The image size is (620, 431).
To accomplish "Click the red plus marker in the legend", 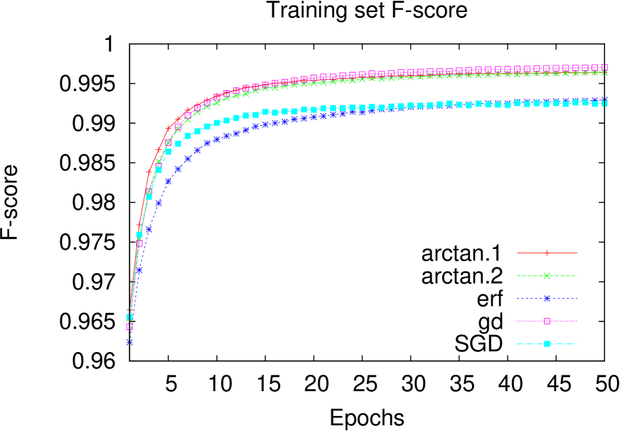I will [x=546, y=252].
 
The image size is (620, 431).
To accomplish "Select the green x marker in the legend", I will [x=546, y=275].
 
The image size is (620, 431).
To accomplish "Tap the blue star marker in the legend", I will [x=546, y=298].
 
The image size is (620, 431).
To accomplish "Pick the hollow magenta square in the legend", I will [x=546, y=321].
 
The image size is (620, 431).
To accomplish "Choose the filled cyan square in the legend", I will [x=546, y=344].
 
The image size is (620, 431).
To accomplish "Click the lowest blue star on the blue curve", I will [x=129, y=342].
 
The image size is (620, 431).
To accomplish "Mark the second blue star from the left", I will [x=139, y=270].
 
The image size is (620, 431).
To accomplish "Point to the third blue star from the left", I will [x=149, y=230].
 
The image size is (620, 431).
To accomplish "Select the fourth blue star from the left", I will [x=159, y=203].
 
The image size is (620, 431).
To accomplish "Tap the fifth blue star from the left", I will [x=169, y=181].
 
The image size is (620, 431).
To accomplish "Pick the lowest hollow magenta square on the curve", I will [x=129, y=327].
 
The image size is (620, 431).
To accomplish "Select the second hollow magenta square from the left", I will [x=139, y=243].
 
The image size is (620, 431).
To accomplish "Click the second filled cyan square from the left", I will [x=139, y=235].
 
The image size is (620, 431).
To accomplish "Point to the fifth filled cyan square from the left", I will [x=169, y=151].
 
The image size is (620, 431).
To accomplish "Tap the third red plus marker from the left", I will [x=149, y=172].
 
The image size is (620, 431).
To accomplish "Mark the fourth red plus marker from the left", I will [x=159, y=149].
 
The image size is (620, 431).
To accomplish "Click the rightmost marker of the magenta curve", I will [x=604, y=67].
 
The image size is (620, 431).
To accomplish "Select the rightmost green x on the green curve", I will [x=604, y=73].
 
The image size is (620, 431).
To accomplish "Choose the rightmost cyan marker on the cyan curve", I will [x=604, y=103].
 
